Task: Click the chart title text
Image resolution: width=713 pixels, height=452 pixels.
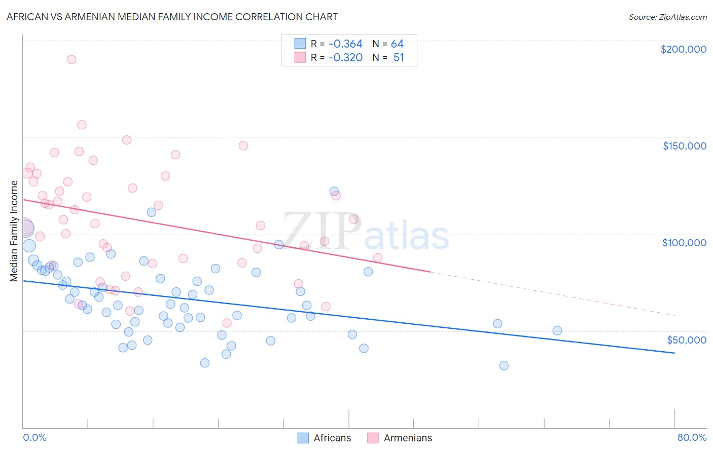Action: pyautogui.click(x=172, y=17)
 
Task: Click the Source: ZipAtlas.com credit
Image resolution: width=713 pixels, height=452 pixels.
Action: pyautogui.click(x=667, y=17)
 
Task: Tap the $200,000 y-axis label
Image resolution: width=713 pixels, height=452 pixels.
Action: pyautogui.click(x=683, y=49)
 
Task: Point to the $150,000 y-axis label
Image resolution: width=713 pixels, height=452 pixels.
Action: pyautogui.click(x=684, y=146)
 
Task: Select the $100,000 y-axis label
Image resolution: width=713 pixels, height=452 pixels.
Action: pyautogui.click(x=684, y=243)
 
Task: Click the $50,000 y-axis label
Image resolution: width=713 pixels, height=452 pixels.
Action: pyautogui.click(x=686, y=340)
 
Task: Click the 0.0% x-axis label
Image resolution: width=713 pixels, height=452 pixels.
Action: pyautogui.click(x=34, y=437)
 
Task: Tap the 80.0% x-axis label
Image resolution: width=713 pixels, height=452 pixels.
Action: pyautogui.click(x=692, y=437)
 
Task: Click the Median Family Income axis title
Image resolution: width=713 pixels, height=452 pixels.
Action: pyautogui.click(x=14, y=231)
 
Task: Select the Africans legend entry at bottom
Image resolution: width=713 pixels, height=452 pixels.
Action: pyautogui.click(x=325, y=438)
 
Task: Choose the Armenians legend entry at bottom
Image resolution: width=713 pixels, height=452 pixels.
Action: pyautogui.click(x=400, y=438)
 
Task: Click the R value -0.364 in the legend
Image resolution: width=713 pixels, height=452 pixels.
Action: pyautogui.click(x=345, y=44)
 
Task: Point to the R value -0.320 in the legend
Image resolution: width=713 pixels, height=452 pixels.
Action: pyautogui.click(x=345, y=58)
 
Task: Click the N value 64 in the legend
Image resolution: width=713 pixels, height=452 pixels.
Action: pyautogui.click(x=397, y=44)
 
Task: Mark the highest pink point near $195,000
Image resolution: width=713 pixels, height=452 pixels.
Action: pyautogui.click(x=72, y=59)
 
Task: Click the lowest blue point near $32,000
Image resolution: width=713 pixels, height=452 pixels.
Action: pyautogui.click(x=504, y=365)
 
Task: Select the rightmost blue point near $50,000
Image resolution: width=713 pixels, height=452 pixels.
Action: pyautogui.click(x=557, y=330)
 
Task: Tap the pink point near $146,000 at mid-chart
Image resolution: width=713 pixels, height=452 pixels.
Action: pyautogui.click(x=243, y=145)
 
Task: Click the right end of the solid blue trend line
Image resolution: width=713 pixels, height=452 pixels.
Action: pyautogui.click(x=674, y=353)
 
